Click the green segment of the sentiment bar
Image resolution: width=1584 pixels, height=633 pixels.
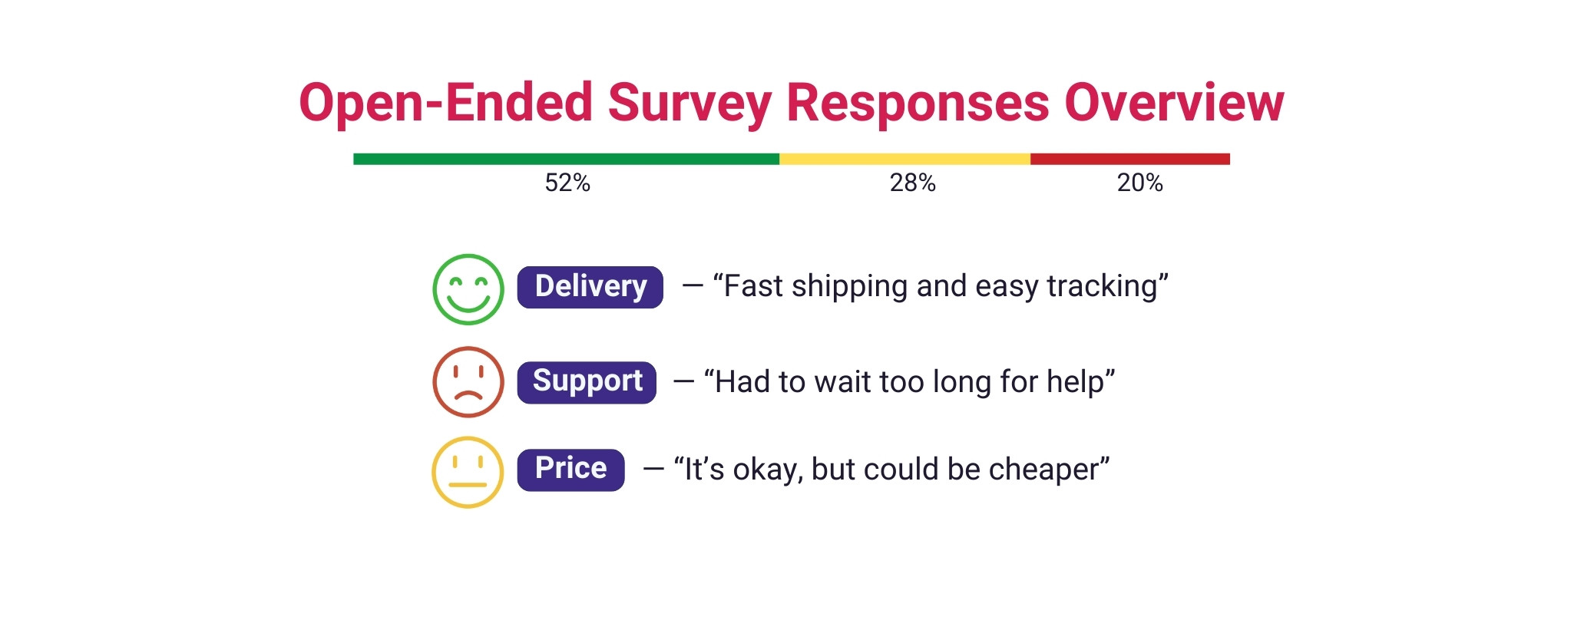point(566,159)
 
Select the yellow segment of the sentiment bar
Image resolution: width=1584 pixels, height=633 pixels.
point(904,159)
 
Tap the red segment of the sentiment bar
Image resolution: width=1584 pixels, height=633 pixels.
point(1129,159)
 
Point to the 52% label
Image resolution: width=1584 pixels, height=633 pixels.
point(567,183)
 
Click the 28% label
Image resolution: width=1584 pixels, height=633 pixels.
point(912,183)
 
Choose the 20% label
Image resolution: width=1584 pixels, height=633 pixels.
point(1139,183)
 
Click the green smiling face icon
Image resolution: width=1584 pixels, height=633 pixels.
point(468,289)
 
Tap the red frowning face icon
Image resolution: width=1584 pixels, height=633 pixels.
point(468,382)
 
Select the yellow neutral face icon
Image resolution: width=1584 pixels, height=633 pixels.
point(468,472)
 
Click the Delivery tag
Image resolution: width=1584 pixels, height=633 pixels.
point(590,287)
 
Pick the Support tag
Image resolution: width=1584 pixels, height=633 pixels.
point(587,382)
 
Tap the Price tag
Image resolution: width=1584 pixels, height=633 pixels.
point(570,470)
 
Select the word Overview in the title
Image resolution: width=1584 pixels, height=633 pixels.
point(1174,103)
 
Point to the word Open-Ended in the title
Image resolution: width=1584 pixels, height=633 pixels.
point(445,103)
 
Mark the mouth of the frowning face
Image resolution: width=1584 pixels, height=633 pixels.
point(468,396)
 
